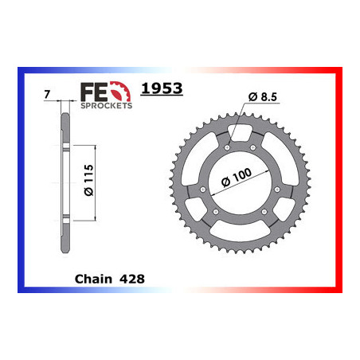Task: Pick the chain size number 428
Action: pos(131,280)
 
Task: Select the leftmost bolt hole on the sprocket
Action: pos(203,190)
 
